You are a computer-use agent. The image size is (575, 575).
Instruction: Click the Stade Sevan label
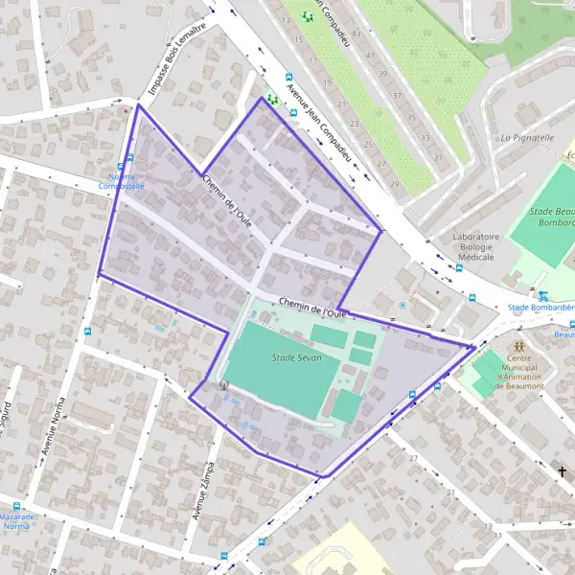[297, 357]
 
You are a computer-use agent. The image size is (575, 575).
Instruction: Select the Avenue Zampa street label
[203, 490]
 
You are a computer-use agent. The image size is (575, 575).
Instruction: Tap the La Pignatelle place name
[527, 138]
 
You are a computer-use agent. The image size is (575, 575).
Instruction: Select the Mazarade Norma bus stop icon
[16, 506]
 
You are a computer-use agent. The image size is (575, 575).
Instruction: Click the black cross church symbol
[563, 471]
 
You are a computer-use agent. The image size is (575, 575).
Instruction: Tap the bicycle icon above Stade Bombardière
[543, 296]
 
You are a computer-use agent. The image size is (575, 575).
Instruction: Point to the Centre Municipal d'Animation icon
[518, 345]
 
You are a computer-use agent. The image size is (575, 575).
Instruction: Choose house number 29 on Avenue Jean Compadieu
[394, 184]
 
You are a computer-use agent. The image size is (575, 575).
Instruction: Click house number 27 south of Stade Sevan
[414, 459]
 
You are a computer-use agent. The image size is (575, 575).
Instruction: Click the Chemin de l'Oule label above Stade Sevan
[311, 308]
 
